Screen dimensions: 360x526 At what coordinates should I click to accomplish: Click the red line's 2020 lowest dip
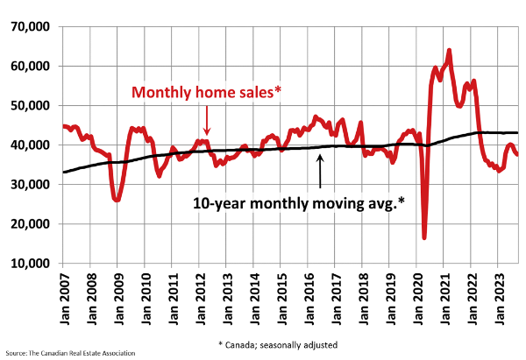424,236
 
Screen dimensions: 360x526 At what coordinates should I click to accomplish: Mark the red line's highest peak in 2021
449,51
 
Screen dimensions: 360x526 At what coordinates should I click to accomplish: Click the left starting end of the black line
64,172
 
